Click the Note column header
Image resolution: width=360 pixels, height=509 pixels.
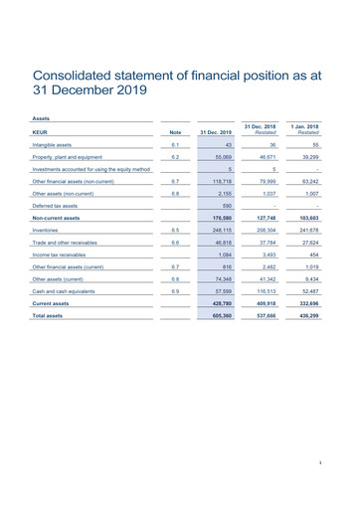175,131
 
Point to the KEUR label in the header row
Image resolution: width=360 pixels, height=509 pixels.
41,131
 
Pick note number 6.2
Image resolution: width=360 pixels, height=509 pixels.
175,158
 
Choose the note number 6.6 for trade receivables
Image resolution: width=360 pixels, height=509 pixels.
175,243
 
